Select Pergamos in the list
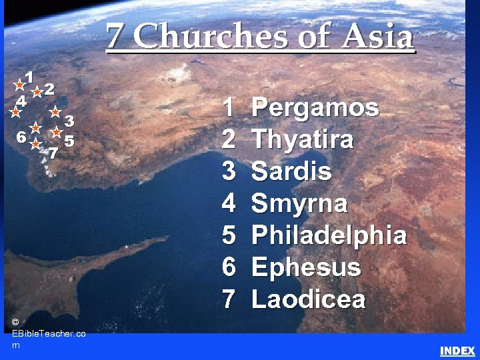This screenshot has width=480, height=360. tap(315, 107)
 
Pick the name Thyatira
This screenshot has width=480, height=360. tap(303, 140)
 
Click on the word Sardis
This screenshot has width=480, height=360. tap(291, 171)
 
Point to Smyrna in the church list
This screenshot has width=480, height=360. tap(299, 203)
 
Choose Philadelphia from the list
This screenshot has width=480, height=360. tap(329, 235)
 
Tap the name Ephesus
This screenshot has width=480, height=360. tap(306, 267)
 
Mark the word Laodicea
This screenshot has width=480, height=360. tap(309, 299)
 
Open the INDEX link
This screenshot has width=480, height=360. tap(457, 351)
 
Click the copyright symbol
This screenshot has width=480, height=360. tap(15, 322)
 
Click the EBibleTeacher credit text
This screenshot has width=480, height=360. tap(48, 333)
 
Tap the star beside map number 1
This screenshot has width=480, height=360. tap(20, 85)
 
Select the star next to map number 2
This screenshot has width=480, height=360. tap(37, 92)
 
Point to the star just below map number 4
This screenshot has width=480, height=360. tap(15, 113)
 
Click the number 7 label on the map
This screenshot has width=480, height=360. tap(53, 153)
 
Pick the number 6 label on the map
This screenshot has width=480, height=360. tap(22, 137)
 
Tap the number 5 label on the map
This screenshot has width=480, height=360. tap(69, 141)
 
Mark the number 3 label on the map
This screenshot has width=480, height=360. tap(68, 121)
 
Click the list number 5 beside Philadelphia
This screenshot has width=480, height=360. tap(229, 235)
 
